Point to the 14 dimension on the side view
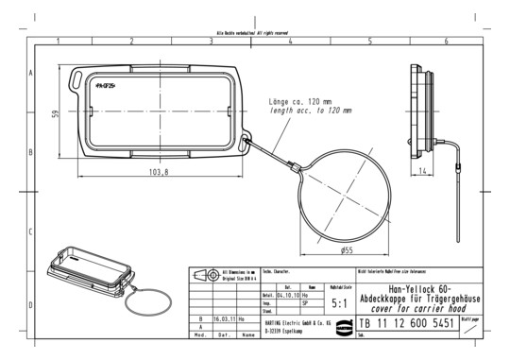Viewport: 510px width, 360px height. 425,169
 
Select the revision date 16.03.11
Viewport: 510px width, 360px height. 225,319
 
